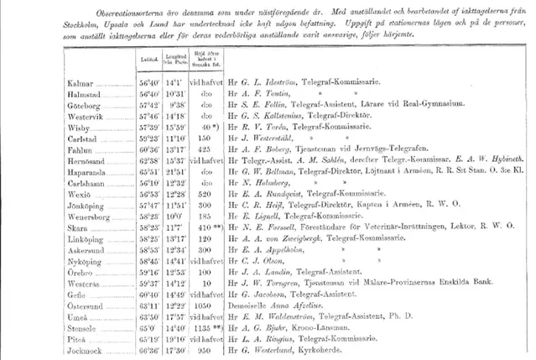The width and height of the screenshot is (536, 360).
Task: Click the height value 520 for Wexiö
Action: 200,187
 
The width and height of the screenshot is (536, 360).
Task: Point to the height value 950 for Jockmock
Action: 200,349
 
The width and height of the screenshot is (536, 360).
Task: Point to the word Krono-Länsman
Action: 315,329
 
